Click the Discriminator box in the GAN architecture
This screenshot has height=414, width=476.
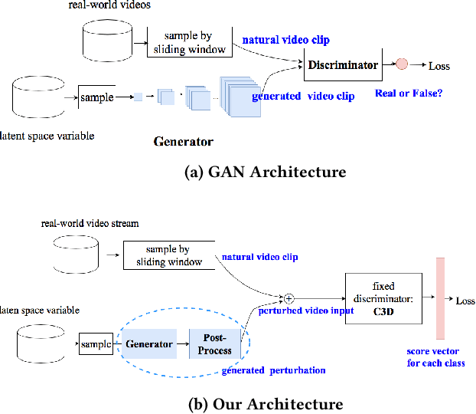[344, 66]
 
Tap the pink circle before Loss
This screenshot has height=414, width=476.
[402, 66]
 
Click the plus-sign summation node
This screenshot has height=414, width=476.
[289, 297]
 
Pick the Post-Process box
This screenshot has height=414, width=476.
[215, 343]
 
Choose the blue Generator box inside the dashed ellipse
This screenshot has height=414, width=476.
[149, 343]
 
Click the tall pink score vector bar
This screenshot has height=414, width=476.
[440, 298]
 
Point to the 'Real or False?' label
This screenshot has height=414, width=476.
[408, 93]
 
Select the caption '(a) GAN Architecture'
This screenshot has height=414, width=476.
[266, 172]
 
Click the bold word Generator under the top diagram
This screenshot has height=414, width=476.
[183, 141]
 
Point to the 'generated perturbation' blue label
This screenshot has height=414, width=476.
[273, 370]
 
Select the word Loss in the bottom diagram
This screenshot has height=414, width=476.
[464, 301]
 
